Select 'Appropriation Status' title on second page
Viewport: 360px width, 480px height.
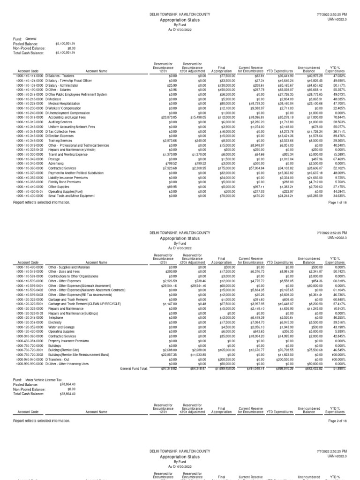coord(180,238)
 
